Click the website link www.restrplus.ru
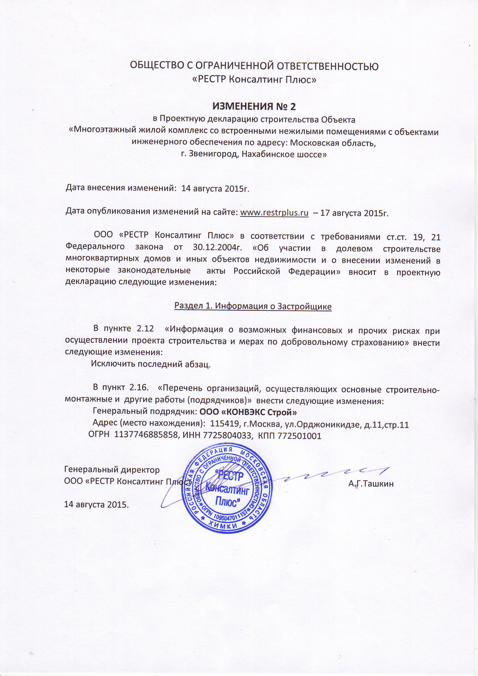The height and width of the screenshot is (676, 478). (274, 213)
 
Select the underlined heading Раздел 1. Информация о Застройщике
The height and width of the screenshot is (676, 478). (253, 306)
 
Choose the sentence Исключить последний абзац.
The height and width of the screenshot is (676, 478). (151, 364)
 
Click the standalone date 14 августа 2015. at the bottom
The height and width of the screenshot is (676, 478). (97, 504)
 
